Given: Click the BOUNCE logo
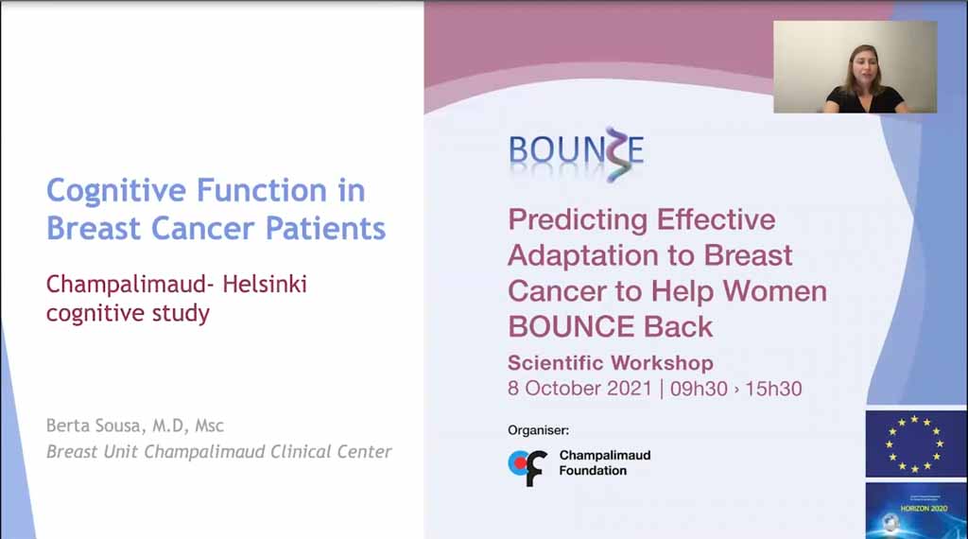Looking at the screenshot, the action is click(576, 153).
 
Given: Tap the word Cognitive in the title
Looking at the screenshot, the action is click(116, 191).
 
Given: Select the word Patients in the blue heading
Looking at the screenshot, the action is click(325, 228).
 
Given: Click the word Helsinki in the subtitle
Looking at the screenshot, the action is click(265, 284).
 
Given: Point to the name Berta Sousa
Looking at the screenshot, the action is click(92, 425).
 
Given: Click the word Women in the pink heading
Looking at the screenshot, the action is click(775, 291).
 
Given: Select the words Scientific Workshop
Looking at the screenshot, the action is click(611, 362).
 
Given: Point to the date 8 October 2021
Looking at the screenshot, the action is click(579, 389).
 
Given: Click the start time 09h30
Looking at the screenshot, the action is click(699, 389).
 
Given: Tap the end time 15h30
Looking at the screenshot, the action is click(773, 389).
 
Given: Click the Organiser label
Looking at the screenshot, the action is click(538, 430).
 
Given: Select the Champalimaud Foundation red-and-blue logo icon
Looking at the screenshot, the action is click(527, 467).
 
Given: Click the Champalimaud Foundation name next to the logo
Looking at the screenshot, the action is click(605, 462).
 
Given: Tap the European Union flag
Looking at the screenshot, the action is click(916, 443).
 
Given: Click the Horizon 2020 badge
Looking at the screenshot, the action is click(916, 511).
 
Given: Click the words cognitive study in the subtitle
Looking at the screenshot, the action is click(128, 314).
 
